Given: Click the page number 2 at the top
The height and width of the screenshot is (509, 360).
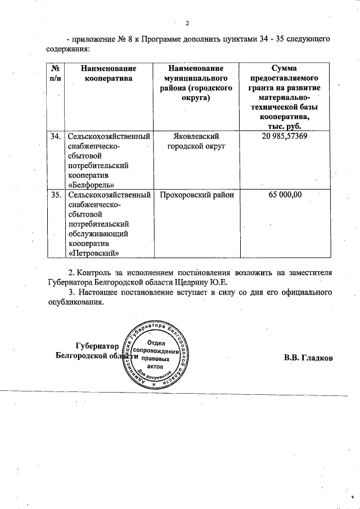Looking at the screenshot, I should (x=187, y=22).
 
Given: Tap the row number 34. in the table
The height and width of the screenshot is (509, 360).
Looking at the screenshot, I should (x=55, y=137).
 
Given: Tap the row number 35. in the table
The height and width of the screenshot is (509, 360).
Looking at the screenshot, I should (x=55, y=195).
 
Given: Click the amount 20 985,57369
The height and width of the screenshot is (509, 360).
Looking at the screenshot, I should (x=283, y=137).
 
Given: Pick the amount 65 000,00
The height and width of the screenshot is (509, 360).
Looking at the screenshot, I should (x=285, y=195).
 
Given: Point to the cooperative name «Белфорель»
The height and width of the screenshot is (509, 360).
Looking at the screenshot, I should (x=92, y=184).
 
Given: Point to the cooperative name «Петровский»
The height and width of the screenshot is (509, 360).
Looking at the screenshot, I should (x=93, y=253).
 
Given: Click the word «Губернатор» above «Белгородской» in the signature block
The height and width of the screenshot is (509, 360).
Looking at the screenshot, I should (x=98, y=346).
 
